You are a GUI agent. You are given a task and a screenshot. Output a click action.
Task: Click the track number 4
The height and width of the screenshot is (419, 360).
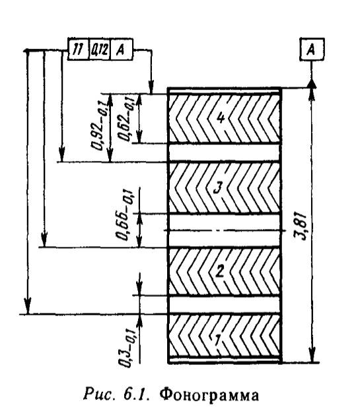(x=221, y=118)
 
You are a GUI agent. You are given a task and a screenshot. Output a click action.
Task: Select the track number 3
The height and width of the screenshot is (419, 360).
(x=218, y=187)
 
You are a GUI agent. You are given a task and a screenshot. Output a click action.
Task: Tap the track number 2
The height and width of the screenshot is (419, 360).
(x=219, y=271)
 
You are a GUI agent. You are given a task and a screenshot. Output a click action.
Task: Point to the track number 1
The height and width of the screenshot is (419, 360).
(x=218, y=339)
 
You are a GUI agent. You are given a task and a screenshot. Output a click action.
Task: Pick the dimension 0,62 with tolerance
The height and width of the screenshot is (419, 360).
(x=126, y=119)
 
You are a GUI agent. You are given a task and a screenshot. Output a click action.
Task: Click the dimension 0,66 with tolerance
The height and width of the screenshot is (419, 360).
(x=124, y=214)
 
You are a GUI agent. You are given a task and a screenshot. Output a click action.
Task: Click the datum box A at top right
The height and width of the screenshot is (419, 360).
(x=312, y=49)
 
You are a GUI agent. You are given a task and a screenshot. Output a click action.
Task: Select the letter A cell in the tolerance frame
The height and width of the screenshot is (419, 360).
(x=122, y=49)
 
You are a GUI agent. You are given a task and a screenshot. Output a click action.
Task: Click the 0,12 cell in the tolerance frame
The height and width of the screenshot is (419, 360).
(x=100, y=49)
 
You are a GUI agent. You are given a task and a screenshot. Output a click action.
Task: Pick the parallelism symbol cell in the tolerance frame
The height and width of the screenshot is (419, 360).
(x=78, y=49)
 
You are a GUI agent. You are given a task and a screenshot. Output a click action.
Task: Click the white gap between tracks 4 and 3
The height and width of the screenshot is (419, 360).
(x=224, y=153)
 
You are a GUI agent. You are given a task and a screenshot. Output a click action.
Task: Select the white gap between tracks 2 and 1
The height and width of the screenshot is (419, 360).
(x=224, y=305)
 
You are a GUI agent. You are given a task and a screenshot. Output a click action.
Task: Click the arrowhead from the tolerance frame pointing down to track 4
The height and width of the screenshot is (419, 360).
(x=151, y=87)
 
